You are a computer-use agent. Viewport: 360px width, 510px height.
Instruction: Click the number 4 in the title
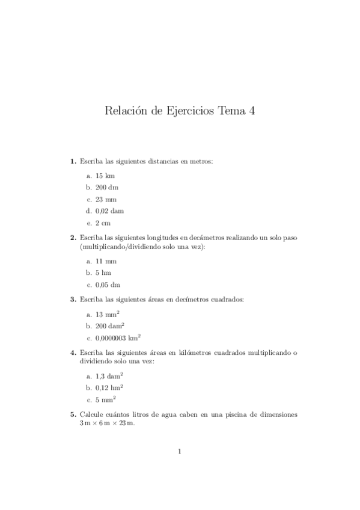[251, 111]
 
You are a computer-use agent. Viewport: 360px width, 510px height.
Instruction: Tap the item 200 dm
[106, 188]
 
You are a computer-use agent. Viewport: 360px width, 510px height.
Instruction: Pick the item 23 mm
[105, 199]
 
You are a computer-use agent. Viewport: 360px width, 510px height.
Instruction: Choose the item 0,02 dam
[109, 210]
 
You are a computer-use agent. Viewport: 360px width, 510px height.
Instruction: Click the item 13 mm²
[106, 315]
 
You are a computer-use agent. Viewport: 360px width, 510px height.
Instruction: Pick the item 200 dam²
[109, 326]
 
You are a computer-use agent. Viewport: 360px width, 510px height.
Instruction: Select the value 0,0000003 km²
[118, 338]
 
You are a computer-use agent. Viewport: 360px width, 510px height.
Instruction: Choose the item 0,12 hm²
[109, 388]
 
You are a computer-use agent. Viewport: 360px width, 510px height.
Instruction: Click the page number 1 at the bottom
[180, 452]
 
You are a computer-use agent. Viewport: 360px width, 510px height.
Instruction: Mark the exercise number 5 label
[73, 415]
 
